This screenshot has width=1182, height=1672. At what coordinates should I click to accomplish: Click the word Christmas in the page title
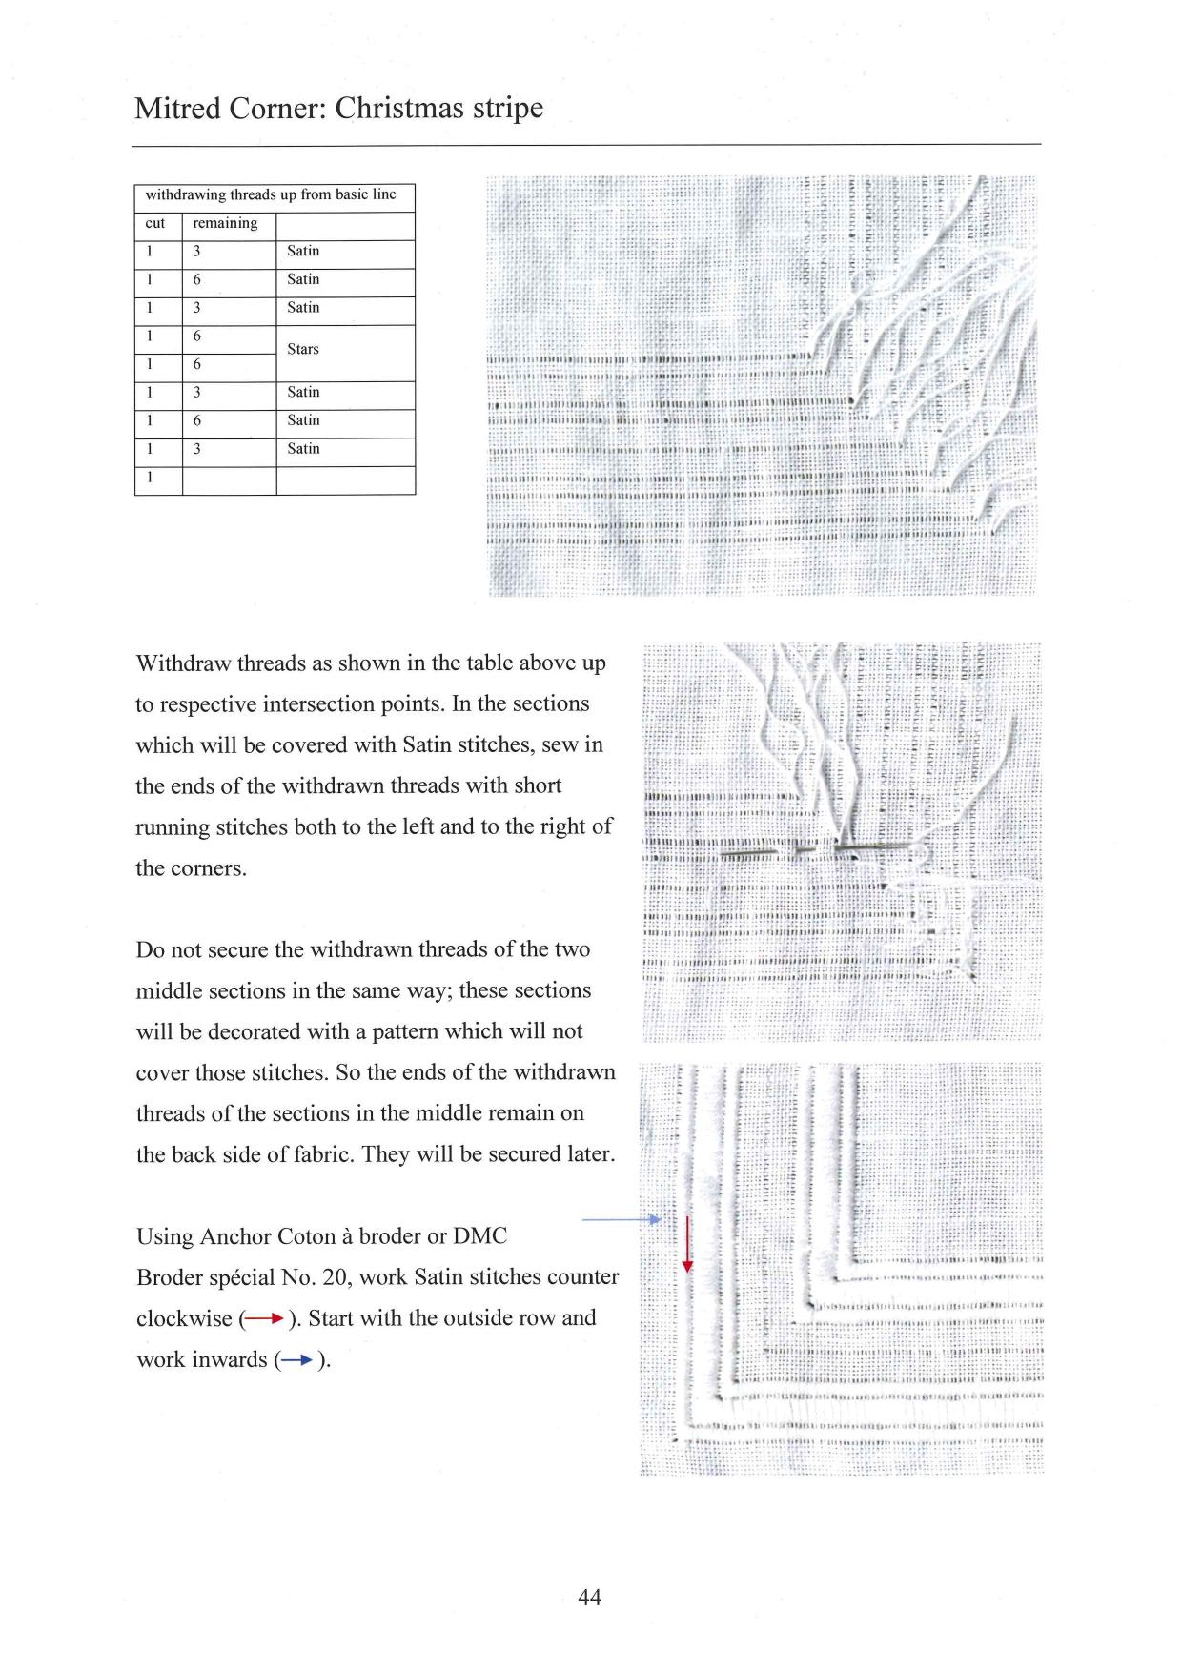[400, 108]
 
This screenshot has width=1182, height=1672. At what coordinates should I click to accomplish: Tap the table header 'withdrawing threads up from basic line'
[271, 194]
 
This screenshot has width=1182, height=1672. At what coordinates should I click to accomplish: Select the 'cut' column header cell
[155, 223]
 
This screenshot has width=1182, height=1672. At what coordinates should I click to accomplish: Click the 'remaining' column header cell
[225, 223]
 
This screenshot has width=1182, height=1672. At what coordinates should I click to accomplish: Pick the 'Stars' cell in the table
[303, 349]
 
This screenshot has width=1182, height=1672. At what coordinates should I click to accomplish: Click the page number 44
[590, 1597]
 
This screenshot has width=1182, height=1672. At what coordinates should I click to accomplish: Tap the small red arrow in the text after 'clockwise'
[262, 1320]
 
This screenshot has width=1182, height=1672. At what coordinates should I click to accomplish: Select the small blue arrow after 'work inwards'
[296, 1361]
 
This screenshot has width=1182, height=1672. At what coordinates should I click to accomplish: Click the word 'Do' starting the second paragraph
[150, 949]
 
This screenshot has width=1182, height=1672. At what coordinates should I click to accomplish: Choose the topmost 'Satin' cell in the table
[303, 251]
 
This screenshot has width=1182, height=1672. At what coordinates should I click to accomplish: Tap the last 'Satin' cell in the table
[303, 448]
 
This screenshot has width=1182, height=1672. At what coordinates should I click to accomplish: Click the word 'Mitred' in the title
[177, 108]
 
